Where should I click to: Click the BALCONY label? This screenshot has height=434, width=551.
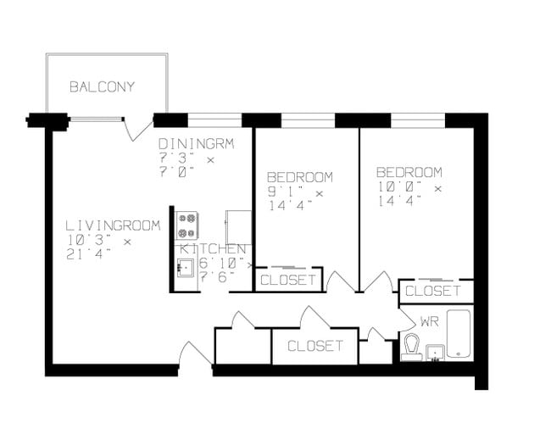(102, 87)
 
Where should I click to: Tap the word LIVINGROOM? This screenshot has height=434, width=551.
(113, 225)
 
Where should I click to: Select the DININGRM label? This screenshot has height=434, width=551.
(195, 143)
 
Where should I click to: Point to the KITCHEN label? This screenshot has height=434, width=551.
(213, 249)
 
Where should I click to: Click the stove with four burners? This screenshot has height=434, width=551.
(186, 225)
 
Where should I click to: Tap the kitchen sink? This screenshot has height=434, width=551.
(186, 267)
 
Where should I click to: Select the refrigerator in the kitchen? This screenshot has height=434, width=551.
(238, 226)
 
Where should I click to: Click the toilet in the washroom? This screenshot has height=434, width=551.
(412, 346)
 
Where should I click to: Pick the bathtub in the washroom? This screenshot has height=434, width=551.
(458, 334)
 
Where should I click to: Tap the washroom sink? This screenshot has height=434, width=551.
(436, 351)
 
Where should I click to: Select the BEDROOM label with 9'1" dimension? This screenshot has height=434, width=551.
(299, 177)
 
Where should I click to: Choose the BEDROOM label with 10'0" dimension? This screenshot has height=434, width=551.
(409, 172)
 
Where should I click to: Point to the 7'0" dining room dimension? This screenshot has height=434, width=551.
(176, 171)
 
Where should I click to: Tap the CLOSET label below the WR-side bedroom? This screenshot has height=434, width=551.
(432, 291)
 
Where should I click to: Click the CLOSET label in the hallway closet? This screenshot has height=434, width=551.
(314, 346)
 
